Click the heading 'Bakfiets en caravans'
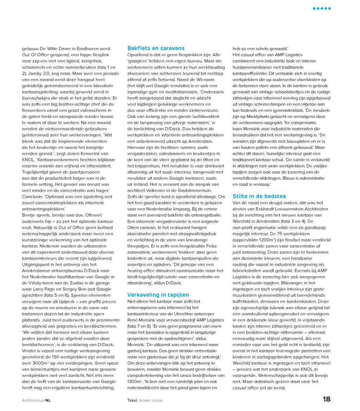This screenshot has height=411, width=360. coord(156,48)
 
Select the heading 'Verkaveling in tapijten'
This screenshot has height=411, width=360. coord(158,295)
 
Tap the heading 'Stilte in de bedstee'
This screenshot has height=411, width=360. coord(259,196)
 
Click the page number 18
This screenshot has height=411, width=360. coord(327,399)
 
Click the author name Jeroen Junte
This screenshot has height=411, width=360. coord(150,400)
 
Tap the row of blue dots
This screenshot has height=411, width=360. coord(322,8)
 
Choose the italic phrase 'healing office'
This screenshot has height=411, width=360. coord(141,270)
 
